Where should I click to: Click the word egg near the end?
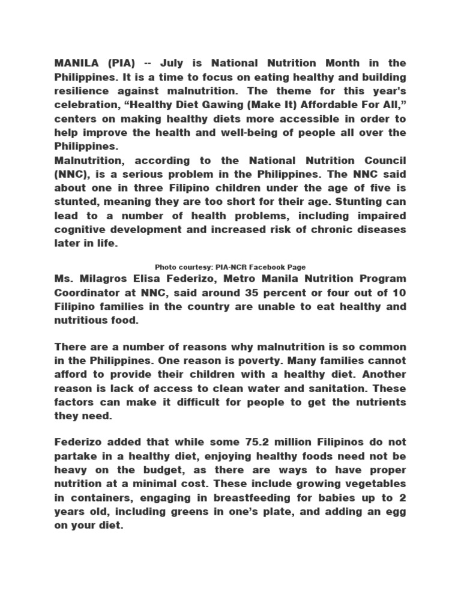(397, 512)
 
